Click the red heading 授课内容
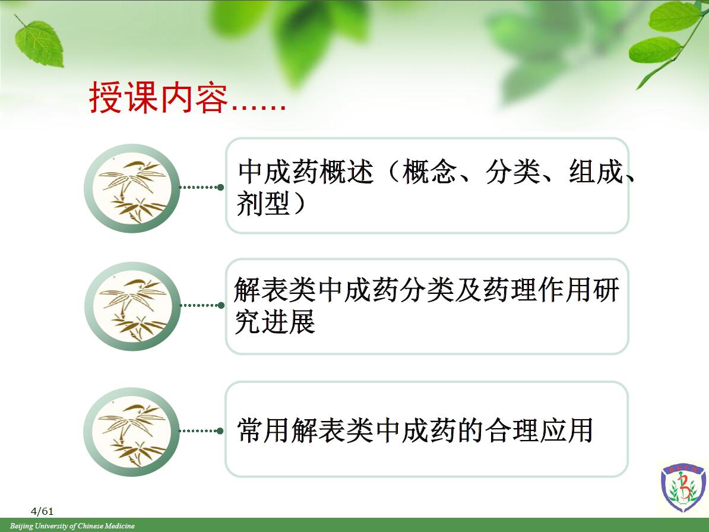(159, 97)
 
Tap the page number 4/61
(42, 511)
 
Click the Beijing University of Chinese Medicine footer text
(72, 525)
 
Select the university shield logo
(683, 487)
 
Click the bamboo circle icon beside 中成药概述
(132, 188)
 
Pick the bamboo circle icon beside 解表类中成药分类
(132, 306)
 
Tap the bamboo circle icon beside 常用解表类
(132, 432)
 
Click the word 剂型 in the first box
(263, 204)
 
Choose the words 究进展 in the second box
(275, 322)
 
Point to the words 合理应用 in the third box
(539, 430)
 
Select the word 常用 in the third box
(264, 430)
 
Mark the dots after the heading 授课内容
(258, 107)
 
